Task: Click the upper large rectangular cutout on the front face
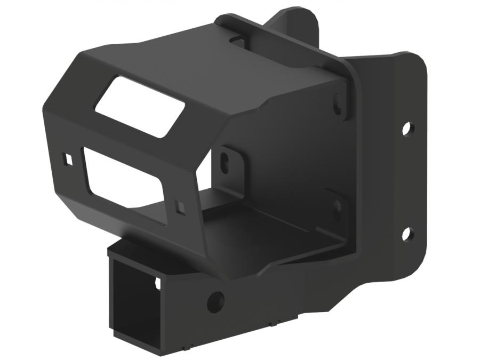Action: (x=140, y=107)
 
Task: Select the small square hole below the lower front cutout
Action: (x=180, y=207)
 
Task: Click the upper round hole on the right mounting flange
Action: (x=406, y=128)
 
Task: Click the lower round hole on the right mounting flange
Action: (x=406, y=233)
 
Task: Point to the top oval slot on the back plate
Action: (x=338, y=104)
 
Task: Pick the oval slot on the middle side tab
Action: (x=226, y=158)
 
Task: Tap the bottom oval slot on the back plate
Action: (x=337, y=208)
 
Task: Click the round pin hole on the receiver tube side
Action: (x=216, y=301)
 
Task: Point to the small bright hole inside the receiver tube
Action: (x=157, y=283)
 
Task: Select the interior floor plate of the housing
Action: (x=267, y=229)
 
